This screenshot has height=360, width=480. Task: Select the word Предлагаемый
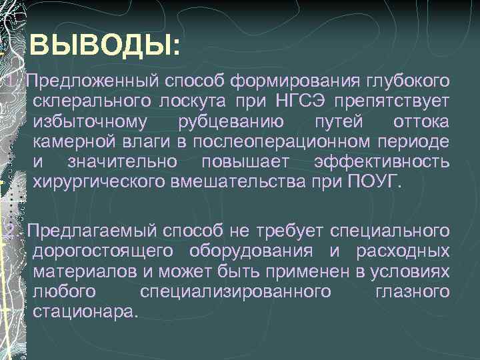[x=89, y=231]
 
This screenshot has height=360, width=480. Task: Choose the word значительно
[x=122, y=161]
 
